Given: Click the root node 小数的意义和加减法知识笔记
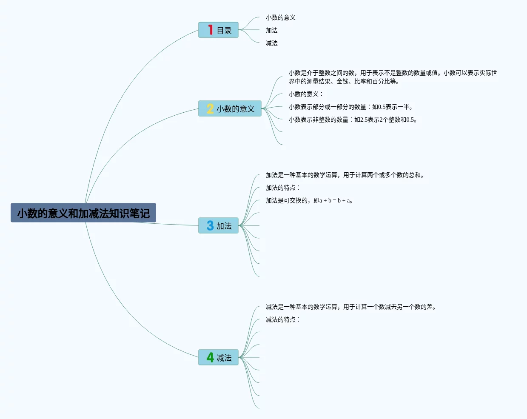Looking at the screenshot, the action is [83, 213].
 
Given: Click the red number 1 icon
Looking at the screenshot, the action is [210, 30].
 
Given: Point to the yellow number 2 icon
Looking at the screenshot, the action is [210, 108].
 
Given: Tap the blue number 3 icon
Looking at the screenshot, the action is [210, 225].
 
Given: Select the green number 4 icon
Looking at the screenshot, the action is [210, 357].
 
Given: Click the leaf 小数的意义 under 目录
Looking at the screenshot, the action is [280, 17].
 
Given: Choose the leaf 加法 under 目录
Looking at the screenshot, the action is [271, 30].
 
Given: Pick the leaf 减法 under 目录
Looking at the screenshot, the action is [271, 43].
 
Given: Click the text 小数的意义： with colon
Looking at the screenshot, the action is [306, 94].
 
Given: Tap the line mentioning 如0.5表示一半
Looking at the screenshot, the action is [350, 107].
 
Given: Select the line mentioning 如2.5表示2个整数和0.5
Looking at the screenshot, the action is [353, 120].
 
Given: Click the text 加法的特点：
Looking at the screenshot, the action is [283, 188].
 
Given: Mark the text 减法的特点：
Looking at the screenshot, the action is [283, 319].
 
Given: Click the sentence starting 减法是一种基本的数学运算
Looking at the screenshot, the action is [351, 307].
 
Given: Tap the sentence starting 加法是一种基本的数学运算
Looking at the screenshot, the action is [345, 175].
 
